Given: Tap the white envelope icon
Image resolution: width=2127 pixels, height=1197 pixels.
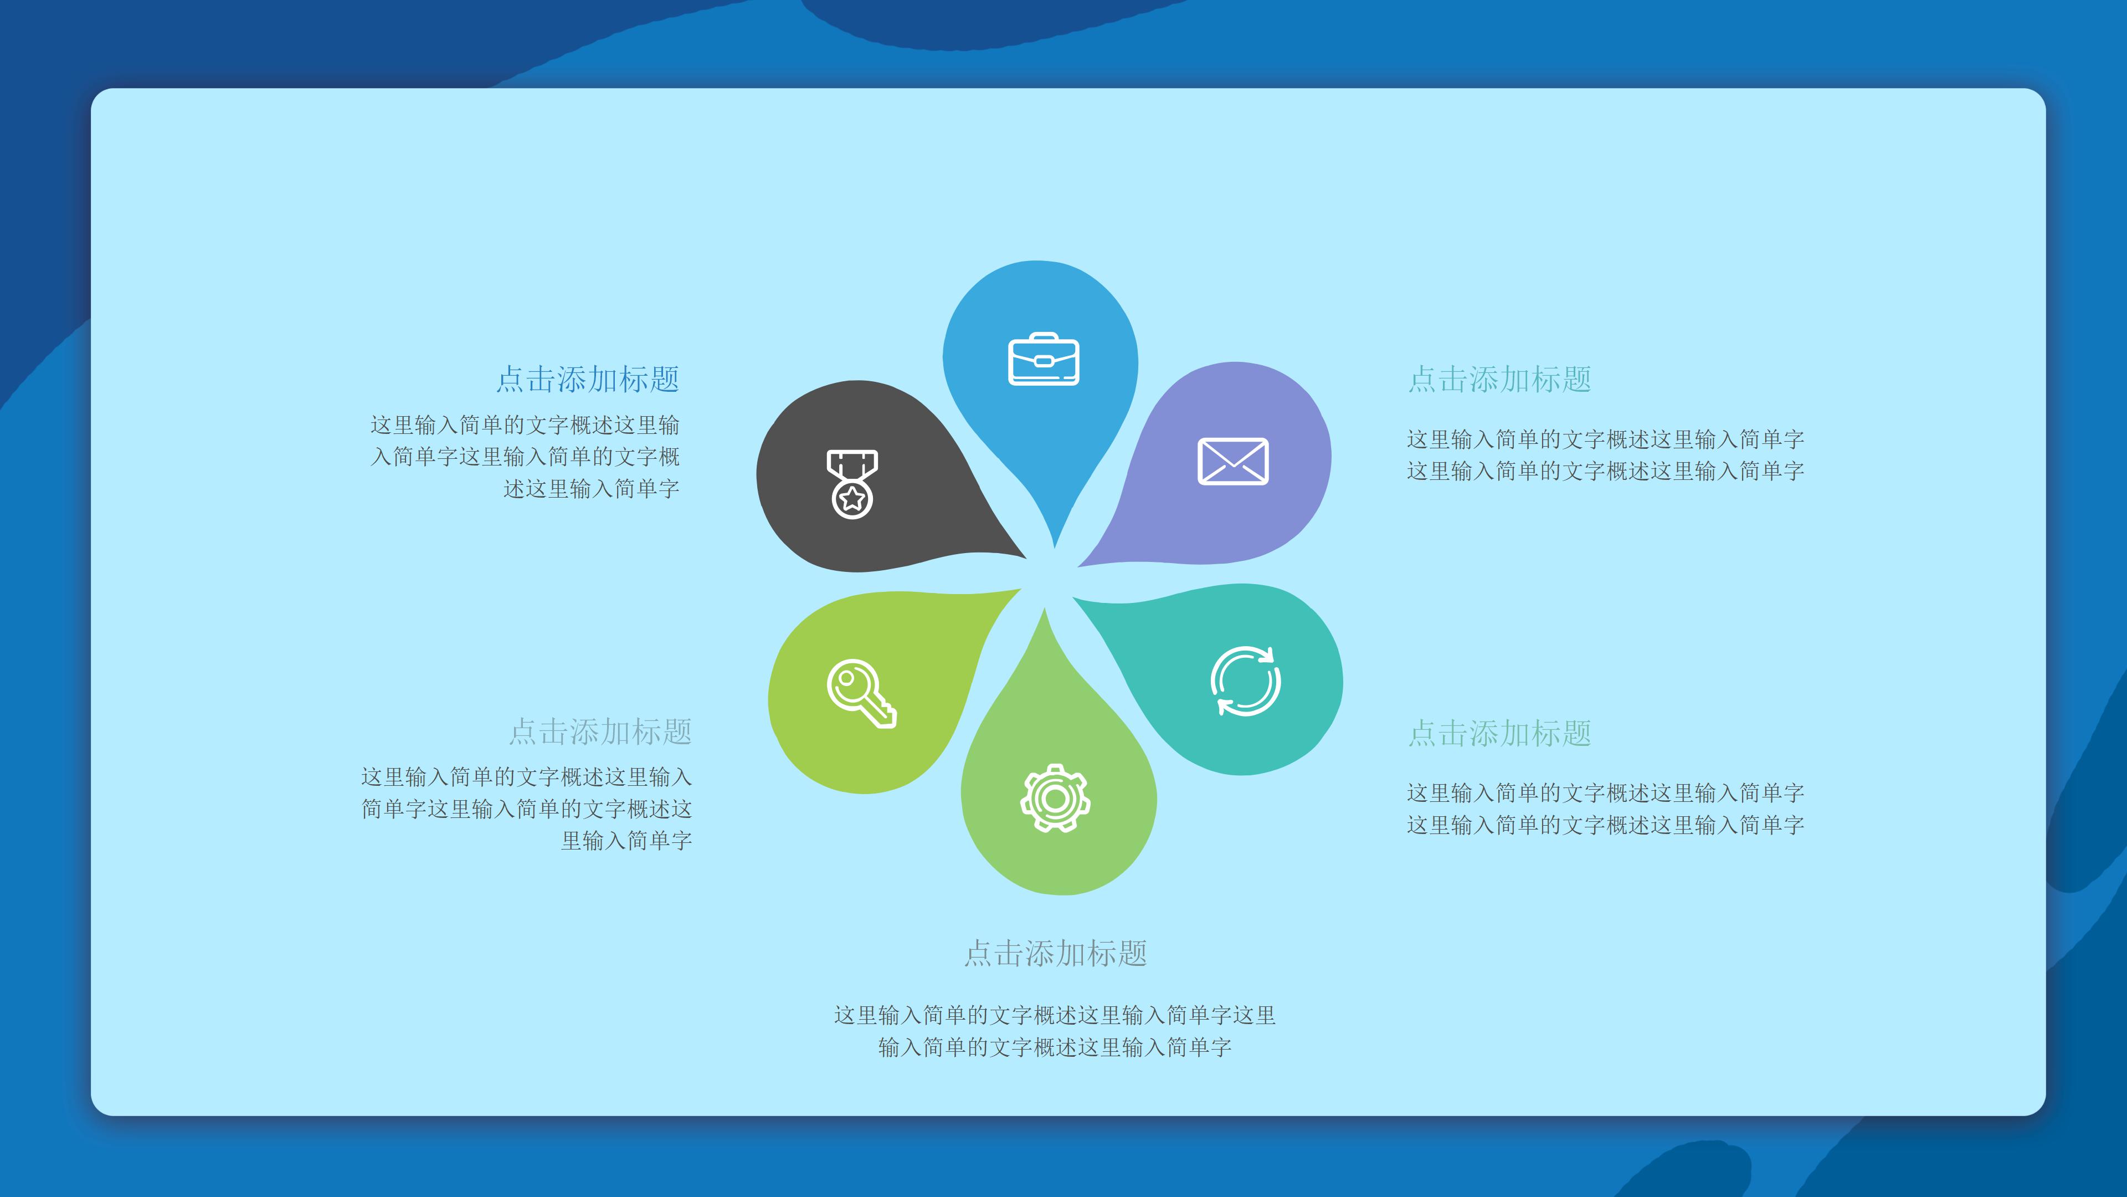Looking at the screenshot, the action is tap(1233, 461).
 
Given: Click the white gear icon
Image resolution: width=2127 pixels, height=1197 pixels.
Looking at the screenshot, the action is tap(1055, 798).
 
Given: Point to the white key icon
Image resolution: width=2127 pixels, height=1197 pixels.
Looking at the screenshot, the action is tap(862, 694).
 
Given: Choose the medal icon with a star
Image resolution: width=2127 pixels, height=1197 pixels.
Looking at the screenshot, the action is tap(852, 484).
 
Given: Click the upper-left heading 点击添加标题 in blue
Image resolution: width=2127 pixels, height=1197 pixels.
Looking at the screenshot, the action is tap(588, 379).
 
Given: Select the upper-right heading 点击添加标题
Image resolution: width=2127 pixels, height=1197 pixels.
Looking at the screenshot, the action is tap(1499, 379).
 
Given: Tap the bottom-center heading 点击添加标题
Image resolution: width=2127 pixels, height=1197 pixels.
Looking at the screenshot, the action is tap(1056, 953).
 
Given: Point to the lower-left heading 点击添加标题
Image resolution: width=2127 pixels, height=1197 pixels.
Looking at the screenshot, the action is tap(600, 732).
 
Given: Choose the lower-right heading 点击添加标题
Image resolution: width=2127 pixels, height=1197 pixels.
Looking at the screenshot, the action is tap(1499, 733).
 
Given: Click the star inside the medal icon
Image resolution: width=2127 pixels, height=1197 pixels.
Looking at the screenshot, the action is tap(852, 498).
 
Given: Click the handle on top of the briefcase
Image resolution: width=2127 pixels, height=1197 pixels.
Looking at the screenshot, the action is tap(1044, 337).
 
